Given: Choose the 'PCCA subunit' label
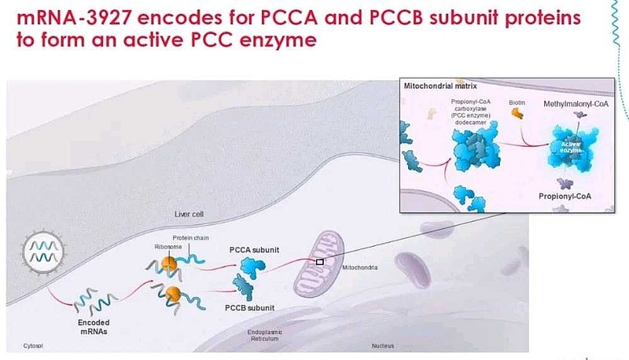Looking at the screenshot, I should [x=256, y=248].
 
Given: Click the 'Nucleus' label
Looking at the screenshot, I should [x=384, y=346].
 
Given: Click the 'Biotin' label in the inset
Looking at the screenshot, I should [x=517, y=101].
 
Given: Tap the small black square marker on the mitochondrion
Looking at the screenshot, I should [x=320, y=261].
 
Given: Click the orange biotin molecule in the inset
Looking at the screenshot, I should [x=517, y=114].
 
